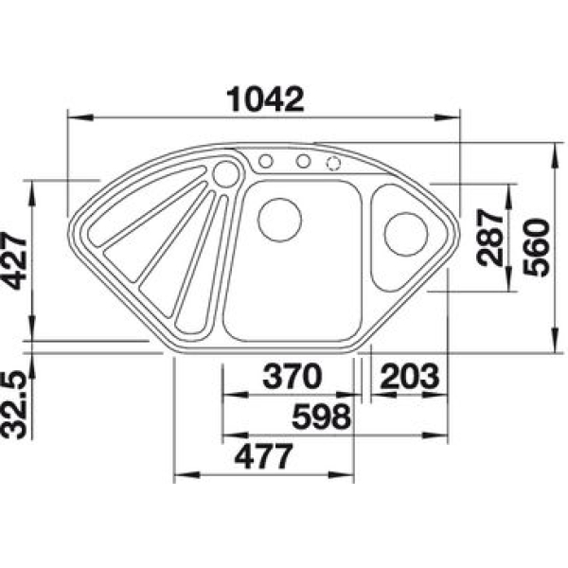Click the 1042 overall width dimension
[x=265, y=99]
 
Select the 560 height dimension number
[x=537, y=247]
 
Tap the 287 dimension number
[x=490, y=238]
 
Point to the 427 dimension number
[x=14, y=261]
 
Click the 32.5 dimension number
[x=14, y=406]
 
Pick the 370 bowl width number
[x=292, y=376]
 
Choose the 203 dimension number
[x=410, y=376]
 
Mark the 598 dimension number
[x=321, y=417]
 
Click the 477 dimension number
[x=263, y=456]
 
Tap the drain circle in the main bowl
[x=279, y=220]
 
